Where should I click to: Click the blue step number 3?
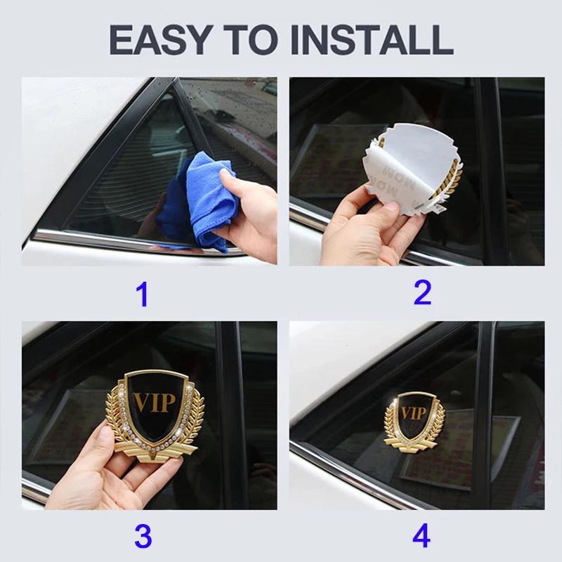click(x=143, y=537)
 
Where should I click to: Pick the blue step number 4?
click(x=421, y=537)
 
